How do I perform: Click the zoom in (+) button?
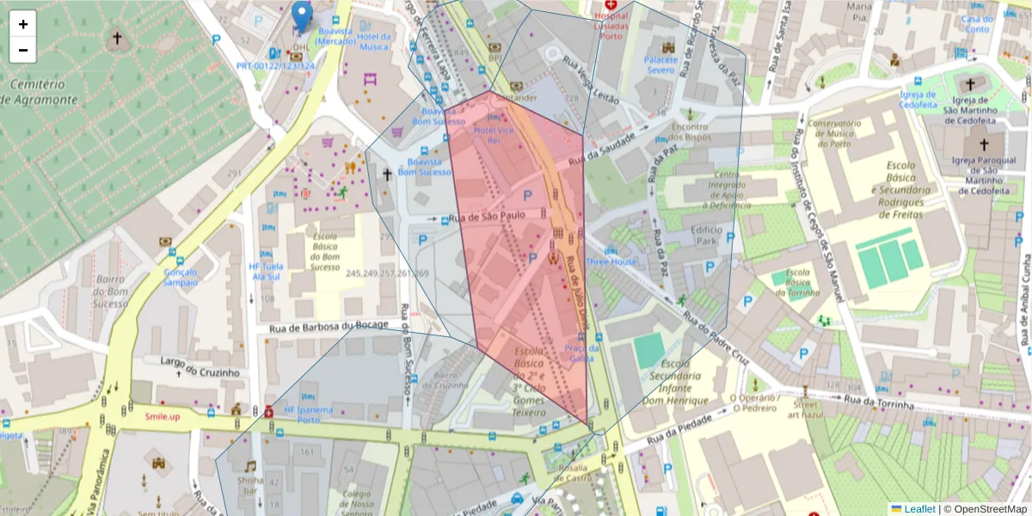pos(23,24)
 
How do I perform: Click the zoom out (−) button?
pos(23,50)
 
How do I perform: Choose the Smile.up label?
pos(163,416)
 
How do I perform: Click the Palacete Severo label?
pos(660,65)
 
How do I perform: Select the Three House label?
pos(612,261)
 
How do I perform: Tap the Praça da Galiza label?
pos(580,353)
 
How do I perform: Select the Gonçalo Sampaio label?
pos(181,276)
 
